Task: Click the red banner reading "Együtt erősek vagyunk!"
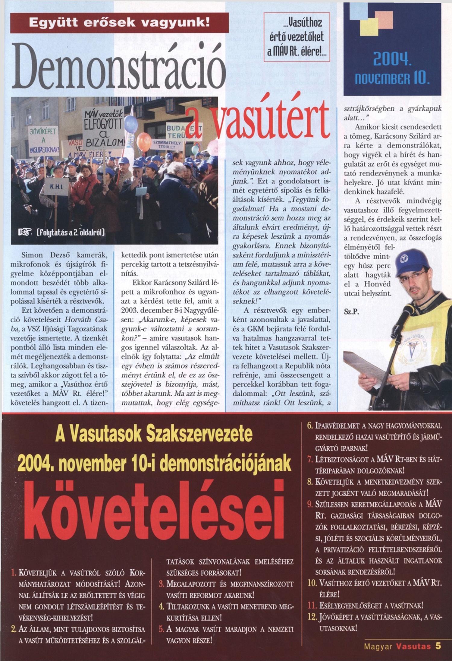[119, 23]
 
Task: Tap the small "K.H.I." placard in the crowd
[56, 187]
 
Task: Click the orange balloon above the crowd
[144, 141]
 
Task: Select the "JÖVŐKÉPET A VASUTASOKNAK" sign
[44, 141]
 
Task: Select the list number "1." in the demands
[14, 573]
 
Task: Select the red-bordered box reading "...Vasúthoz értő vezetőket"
[297, 37]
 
